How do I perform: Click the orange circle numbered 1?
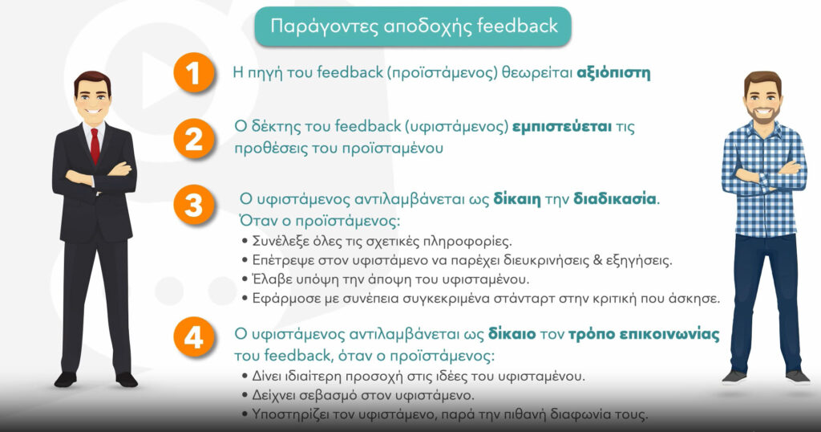pos(194,73)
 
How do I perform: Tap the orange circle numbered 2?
pos(194,138)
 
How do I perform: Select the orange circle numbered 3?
pos(194,205)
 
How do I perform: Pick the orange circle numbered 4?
pos(194,337)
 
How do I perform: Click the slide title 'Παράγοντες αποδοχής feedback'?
pos(413,26)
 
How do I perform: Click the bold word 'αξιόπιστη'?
pos(613,72)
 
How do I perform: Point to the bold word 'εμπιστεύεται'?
pos(562,127)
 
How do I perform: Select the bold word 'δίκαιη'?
pos(517,199)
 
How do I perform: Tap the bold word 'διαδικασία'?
pos(615,199)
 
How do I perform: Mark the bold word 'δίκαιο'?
pos(512,334)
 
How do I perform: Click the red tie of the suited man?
pos(95,146)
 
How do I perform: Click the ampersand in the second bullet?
pos(597,260)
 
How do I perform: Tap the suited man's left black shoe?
pos(66,379)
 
